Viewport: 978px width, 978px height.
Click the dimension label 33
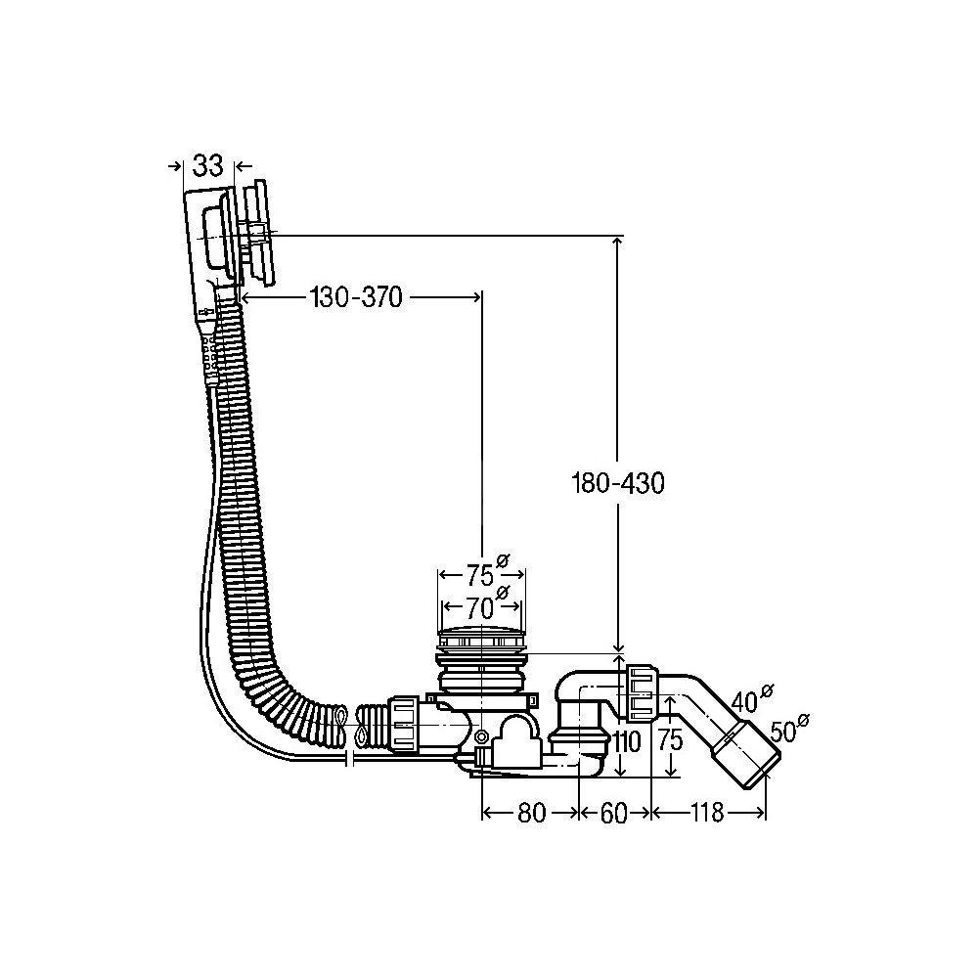(x=207, y=165)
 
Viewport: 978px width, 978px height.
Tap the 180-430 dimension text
(x=618, y=483)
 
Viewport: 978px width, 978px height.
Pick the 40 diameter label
(x=745, y=700)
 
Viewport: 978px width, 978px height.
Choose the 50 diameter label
(x=785, y=730)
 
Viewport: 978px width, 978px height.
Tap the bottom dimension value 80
(x=530, y=813)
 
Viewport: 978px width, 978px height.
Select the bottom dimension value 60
(x=613, y=813)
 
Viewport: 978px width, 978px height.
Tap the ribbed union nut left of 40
(x=641, y=691)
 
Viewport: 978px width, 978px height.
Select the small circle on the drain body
(x=481, y=735)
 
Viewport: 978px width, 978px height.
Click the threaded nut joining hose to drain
(x=405, y=725)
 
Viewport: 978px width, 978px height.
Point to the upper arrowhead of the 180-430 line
(x=618, y=242)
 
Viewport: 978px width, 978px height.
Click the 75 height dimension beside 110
(x=669, y=741)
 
